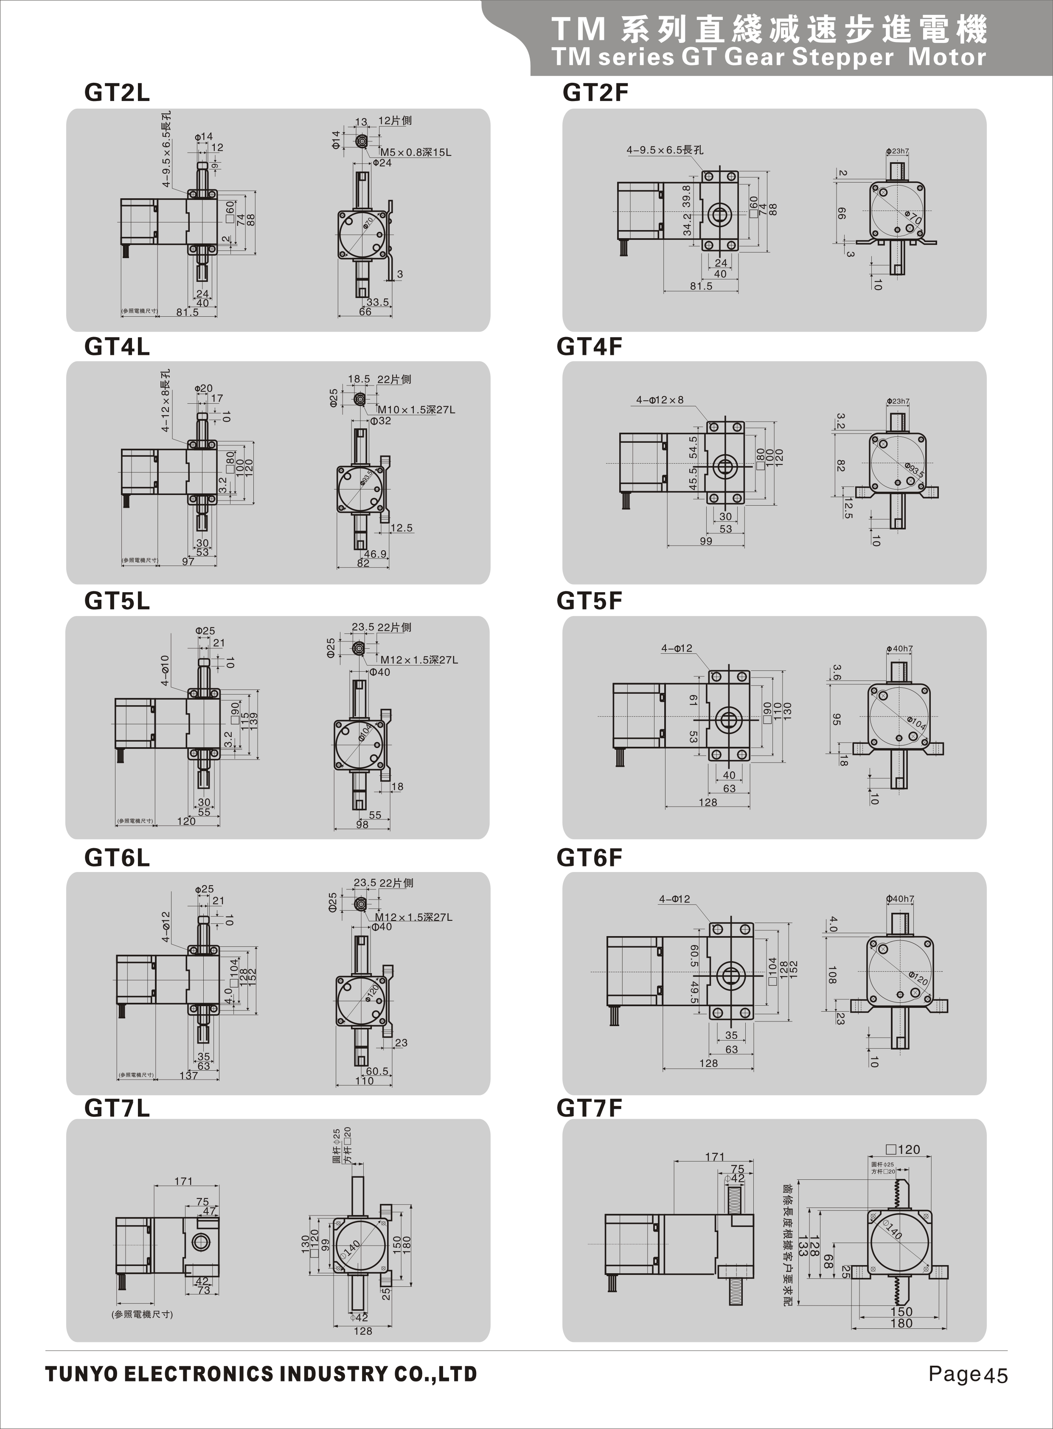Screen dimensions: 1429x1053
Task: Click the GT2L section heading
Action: tap(117, 93)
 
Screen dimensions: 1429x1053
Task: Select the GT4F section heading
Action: tap(589, 347)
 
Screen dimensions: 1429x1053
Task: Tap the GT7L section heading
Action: tap(117, 1108)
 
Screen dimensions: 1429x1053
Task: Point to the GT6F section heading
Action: tap(589, 858)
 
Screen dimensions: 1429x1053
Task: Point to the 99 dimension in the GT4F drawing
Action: tap(706, 541)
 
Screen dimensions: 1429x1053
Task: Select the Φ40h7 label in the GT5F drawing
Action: tap(899, 649)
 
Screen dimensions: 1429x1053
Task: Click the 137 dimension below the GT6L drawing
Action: tap(189, 1076)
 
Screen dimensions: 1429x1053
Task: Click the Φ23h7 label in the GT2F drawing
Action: tap(898, 151)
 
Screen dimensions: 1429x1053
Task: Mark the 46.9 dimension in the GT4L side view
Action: tap(376, 554)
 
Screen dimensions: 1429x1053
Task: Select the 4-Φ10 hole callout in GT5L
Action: tap(165, 670)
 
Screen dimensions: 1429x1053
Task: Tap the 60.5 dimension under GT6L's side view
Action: tap(377, 1071)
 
